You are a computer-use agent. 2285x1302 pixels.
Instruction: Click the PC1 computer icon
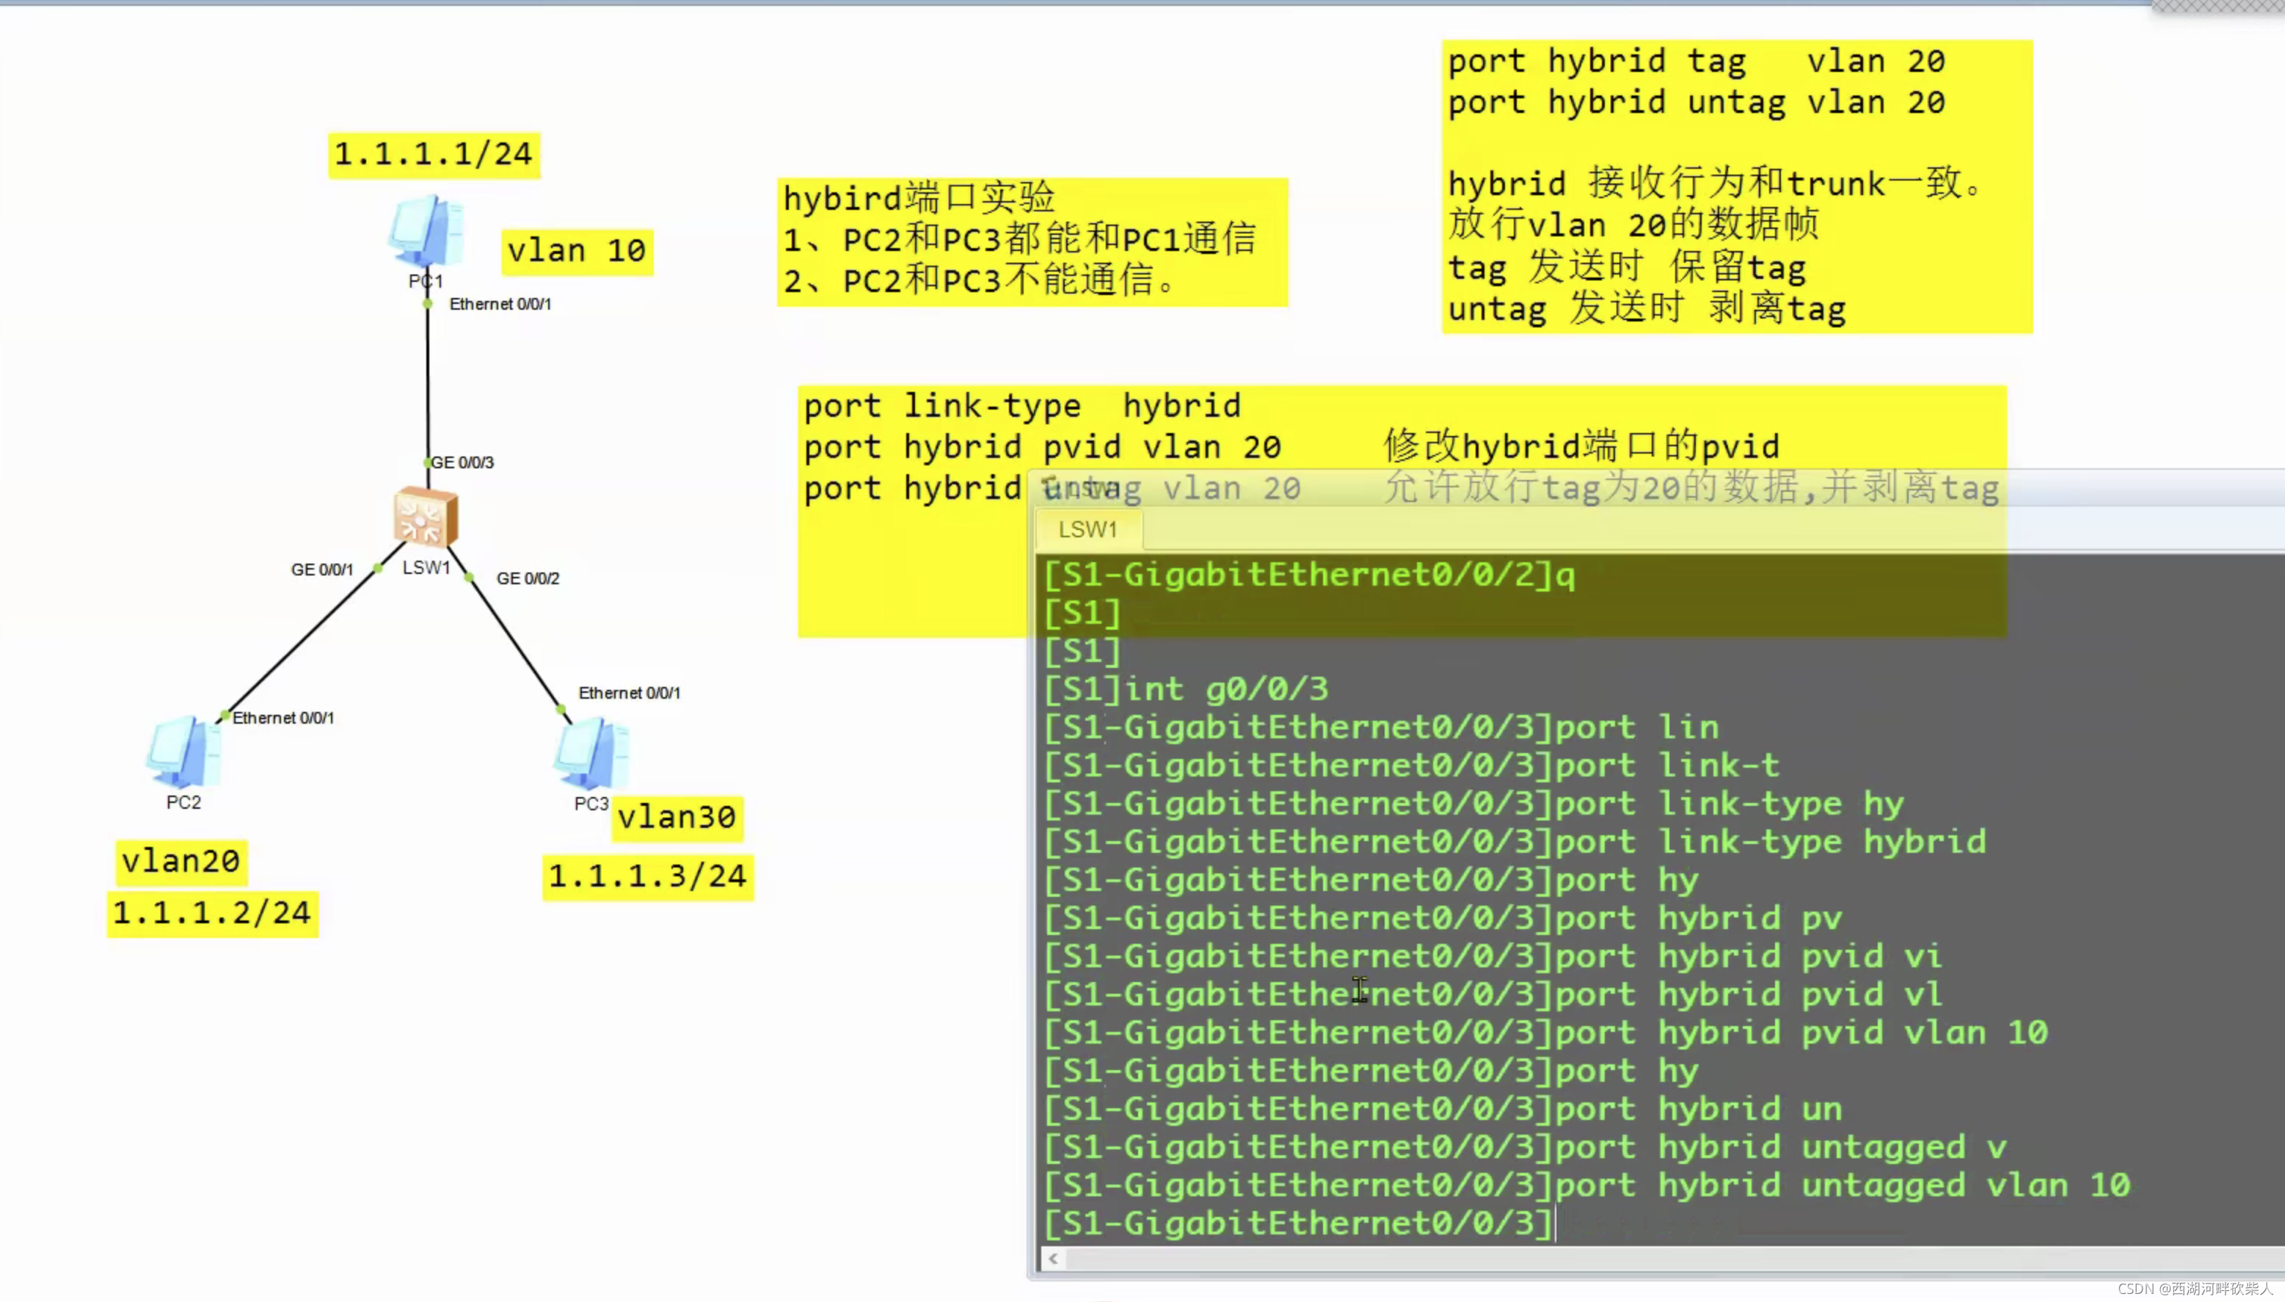426,230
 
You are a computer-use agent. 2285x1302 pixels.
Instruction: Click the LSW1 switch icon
426,517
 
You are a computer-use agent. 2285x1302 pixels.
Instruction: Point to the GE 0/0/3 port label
462,462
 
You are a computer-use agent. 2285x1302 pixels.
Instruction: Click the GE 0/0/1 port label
322,570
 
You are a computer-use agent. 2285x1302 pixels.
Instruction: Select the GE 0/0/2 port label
528,578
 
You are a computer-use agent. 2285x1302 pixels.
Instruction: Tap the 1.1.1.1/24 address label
434,155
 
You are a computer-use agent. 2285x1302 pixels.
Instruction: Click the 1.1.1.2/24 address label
212,913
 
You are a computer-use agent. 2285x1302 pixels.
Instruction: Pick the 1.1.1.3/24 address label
647,876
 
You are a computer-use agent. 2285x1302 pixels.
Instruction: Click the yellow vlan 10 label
577,251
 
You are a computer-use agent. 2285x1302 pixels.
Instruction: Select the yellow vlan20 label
181,861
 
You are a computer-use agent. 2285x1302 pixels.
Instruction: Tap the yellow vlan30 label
677,818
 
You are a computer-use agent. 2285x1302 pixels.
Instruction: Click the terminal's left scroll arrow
1053,1259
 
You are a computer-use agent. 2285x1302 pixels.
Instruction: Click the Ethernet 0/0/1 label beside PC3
630,693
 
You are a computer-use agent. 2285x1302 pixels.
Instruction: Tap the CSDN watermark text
2195,1289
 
